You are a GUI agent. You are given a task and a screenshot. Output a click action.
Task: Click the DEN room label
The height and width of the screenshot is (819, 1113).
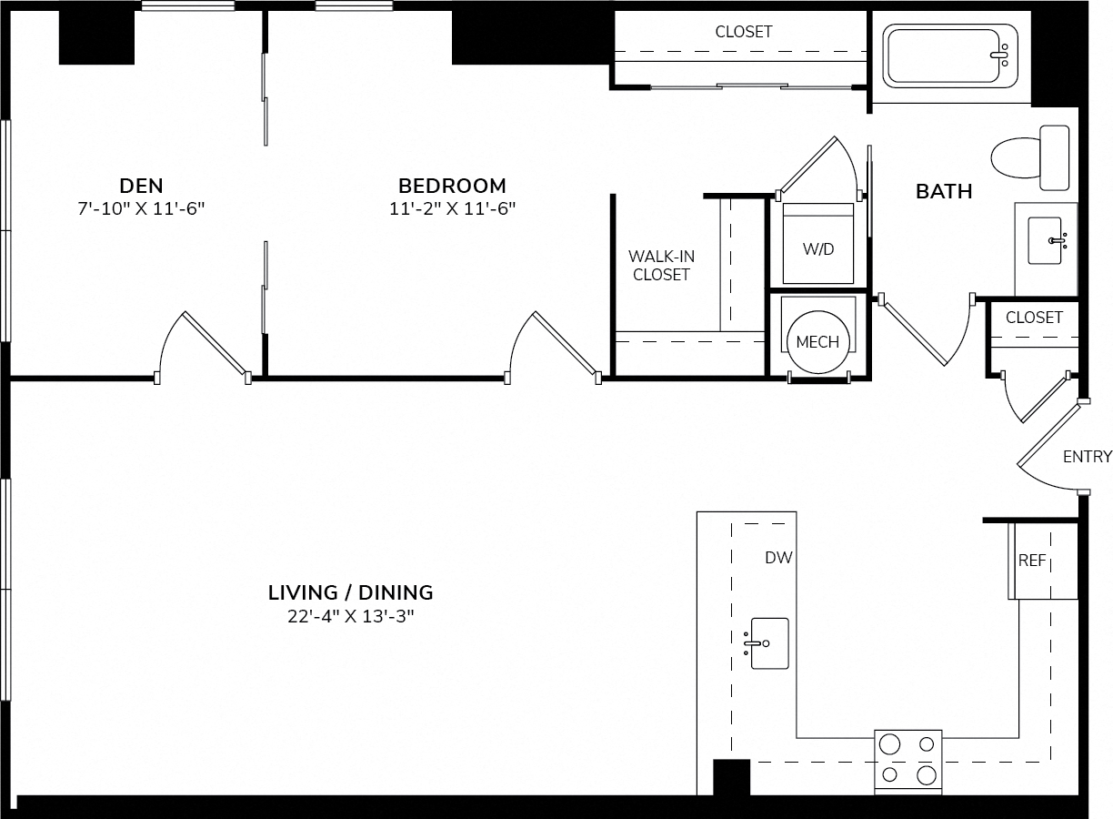[x=141, y=186]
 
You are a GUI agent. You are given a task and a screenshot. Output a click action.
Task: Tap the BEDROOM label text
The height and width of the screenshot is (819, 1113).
[x=452, y=186]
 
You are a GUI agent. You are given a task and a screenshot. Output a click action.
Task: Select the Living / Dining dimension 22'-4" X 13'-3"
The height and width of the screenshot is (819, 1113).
[x=351, y=617]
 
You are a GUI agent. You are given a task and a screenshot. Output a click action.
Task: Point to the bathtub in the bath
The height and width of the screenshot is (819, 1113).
[x=950, y=56]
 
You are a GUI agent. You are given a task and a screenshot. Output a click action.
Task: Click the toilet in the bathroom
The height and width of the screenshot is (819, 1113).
[x=1030, y=157]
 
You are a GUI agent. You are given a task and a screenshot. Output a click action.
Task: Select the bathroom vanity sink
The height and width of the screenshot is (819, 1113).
[x=1046, y=240]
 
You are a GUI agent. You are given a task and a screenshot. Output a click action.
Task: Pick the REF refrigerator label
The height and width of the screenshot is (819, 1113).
[x=1032, y=561]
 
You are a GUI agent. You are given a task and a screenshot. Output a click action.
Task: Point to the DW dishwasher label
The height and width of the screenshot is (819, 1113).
[x=778, y=558]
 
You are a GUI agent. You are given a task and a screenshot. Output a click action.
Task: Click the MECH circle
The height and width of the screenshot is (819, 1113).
[x=817, y=342]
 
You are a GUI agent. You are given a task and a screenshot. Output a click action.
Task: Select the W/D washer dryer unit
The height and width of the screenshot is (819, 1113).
[x=818, y=243]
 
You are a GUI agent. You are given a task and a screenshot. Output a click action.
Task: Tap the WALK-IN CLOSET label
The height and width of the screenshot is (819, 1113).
[x=661, y=266]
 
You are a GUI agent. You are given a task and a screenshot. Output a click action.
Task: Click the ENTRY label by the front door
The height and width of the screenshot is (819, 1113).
[x=1088, y=457]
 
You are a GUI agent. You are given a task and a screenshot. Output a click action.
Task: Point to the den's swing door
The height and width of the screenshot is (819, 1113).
[x=204, y=349]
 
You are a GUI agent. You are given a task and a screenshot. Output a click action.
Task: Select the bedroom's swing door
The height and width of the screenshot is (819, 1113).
[x=554, y=349]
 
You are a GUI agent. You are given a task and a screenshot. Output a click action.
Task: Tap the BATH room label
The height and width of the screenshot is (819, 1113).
[x=944, y=191]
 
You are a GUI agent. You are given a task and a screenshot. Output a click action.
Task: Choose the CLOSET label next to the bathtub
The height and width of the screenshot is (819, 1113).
[x=744, y=32]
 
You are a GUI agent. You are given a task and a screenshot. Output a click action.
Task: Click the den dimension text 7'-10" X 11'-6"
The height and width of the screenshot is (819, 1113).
[x=141, y=208]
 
